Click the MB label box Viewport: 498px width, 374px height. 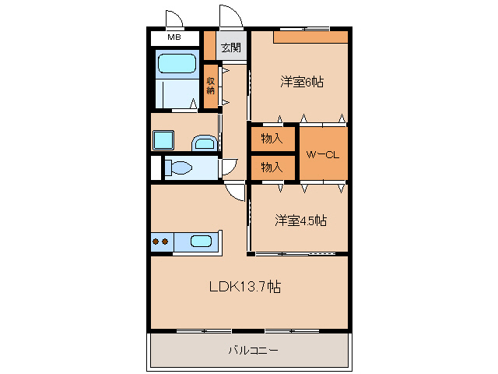pos(174,37)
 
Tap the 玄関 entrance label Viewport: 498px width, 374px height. pos(231,48)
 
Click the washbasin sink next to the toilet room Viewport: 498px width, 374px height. pos(205,142)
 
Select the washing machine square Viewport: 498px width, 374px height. pos(164,139)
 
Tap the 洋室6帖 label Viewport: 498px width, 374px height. pos(302,81)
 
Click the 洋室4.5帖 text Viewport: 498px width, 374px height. pos(300,221)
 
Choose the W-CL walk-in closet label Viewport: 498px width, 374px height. pos(322,154)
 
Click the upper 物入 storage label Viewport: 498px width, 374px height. pos(272,139)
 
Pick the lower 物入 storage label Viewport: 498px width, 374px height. pos(272,167)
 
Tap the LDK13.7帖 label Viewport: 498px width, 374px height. pos(244,287)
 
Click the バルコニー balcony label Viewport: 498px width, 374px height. pos(252,351)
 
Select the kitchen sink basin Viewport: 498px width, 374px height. pos(201,242)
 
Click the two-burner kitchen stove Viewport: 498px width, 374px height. pos(161,242)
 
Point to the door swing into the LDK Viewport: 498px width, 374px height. pos(235,192)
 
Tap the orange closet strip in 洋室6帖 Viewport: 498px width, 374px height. pos(310,37)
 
